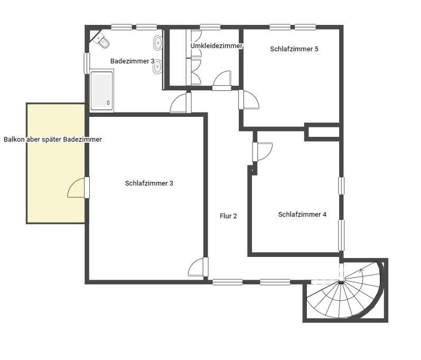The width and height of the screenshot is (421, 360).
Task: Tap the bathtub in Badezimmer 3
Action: tap(102, 90)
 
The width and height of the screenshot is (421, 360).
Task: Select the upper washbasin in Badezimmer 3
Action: tap(158, 43)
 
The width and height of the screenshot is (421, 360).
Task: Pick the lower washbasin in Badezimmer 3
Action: tap(158, 67)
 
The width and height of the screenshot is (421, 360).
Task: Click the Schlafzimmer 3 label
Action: tap(149, 183)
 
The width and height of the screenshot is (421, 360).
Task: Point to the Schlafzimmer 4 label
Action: tap(302, 215)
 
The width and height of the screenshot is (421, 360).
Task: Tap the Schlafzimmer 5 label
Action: tap(294, 49)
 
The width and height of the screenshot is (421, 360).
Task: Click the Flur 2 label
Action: tap(228, 216)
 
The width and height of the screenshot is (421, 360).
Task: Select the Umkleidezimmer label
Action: tap(217, 46)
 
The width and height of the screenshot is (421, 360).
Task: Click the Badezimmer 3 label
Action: tap(133, 61)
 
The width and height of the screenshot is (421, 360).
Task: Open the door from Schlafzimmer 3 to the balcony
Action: tap(78, 188)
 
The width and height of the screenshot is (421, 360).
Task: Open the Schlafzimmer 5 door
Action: tap(249, 100)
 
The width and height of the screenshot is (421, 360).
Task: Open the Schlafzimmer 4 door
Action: tap(263, 152)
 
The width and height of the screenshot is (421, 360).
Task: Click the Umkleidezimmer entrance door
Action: tap(222, 80)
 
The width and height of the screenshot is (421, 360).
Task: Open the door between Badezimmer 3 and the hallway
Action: tap(181, 103)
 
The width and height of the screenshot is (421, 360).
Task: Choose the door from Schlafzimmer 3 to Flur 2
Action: tap(198, 267)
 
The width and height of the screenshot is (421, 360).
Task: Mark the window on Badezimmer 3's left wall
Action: tap(87, 63)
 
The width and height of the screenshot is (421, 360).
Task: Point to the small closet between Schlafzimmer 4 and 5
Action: tap(323, 132)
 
